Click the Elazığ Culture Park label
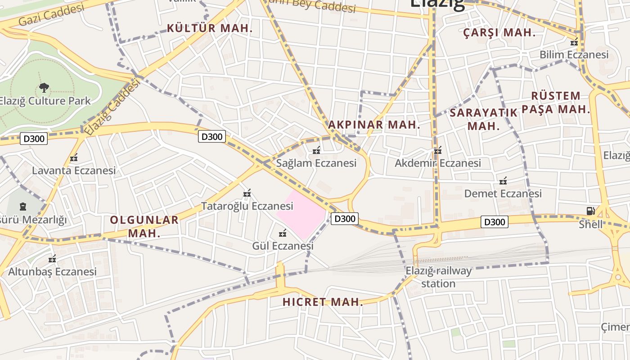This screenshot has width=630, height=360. coord(45,101)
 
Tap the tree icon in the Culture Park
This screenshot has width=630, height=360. coord(44,87)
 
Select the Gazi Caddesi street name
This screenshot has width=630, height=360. coord(52,15)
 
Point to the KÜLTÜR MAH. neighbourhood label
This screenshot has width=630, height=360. coord(210,28)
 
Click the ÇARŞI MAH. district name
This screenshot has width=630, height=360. coord(499,32)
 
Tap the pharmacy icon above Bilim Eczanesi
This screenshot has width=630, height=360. coord(574,42)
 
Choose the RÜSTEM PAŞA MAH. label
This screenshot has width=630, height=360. coord(556,102)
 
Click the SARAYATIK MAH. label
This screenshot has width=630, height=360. coord(483,119)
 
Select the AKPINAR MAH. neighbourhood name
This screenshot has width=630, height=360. coord(374,125)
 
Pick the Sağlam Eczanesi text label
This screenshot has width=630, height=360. coord(316,163)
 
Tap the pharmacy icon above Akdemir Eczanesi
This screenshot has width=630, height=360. coord(438,150)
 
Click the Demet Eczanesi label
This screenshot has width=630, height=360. coord(503,193)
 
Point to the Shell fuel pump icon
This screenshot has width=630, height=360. coord(590,211)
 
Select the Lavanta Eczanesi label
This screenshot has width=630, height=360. coord(74,171)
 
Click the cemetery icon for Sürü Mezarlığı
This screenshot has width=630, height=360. coord(23,207)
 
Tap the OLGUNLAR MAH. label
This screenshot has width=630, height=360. coord(144,226)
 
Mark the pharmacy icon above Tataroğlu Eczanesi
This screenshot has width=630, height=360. coord(247,193)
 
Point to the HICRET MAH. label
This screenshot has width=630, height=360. coord(323,302)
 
